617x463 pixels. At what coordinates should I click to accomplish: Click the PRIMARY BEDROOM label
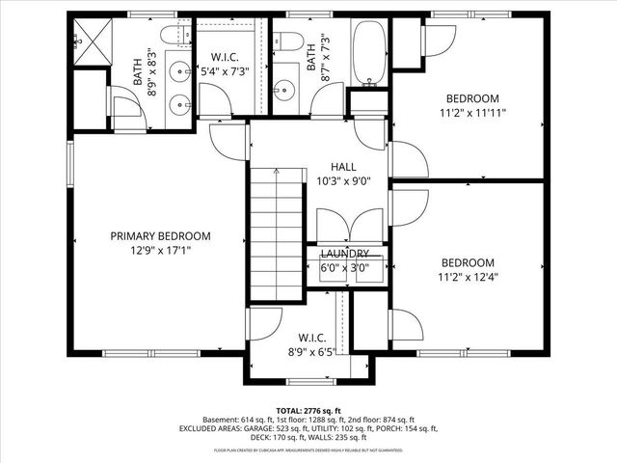[x=160, y=236]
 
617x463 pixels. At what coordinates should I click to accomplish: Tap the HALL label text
[x=344, y=167]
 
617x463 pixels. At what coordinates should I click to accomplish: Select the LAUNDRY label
[x=344, y=253]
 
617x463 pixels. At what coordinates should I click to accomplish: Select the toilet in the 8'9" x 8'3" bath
[x=175, y=40]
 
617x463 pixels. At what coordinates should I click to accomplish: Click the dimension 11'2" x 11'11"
[x=472, y=113]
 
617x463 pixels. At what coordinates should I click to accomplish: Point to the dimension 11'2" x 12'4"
[x=469, y=277]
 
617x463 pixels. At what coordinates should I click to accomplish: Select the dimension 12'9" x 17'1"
[x=160, y=251]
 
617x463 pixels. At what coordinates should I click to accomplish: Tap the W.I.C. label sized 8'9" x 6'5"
[x=311, y=339]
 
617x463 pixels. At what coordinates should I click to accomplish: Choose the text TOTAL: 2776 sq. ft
[x=308, y=411]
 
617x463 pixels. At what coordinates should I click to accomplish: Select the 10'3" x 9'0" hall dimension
[x=344, y=180]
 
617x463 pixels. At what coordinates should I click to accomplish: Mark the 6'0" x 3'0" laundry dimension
[x=344, y=268]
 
